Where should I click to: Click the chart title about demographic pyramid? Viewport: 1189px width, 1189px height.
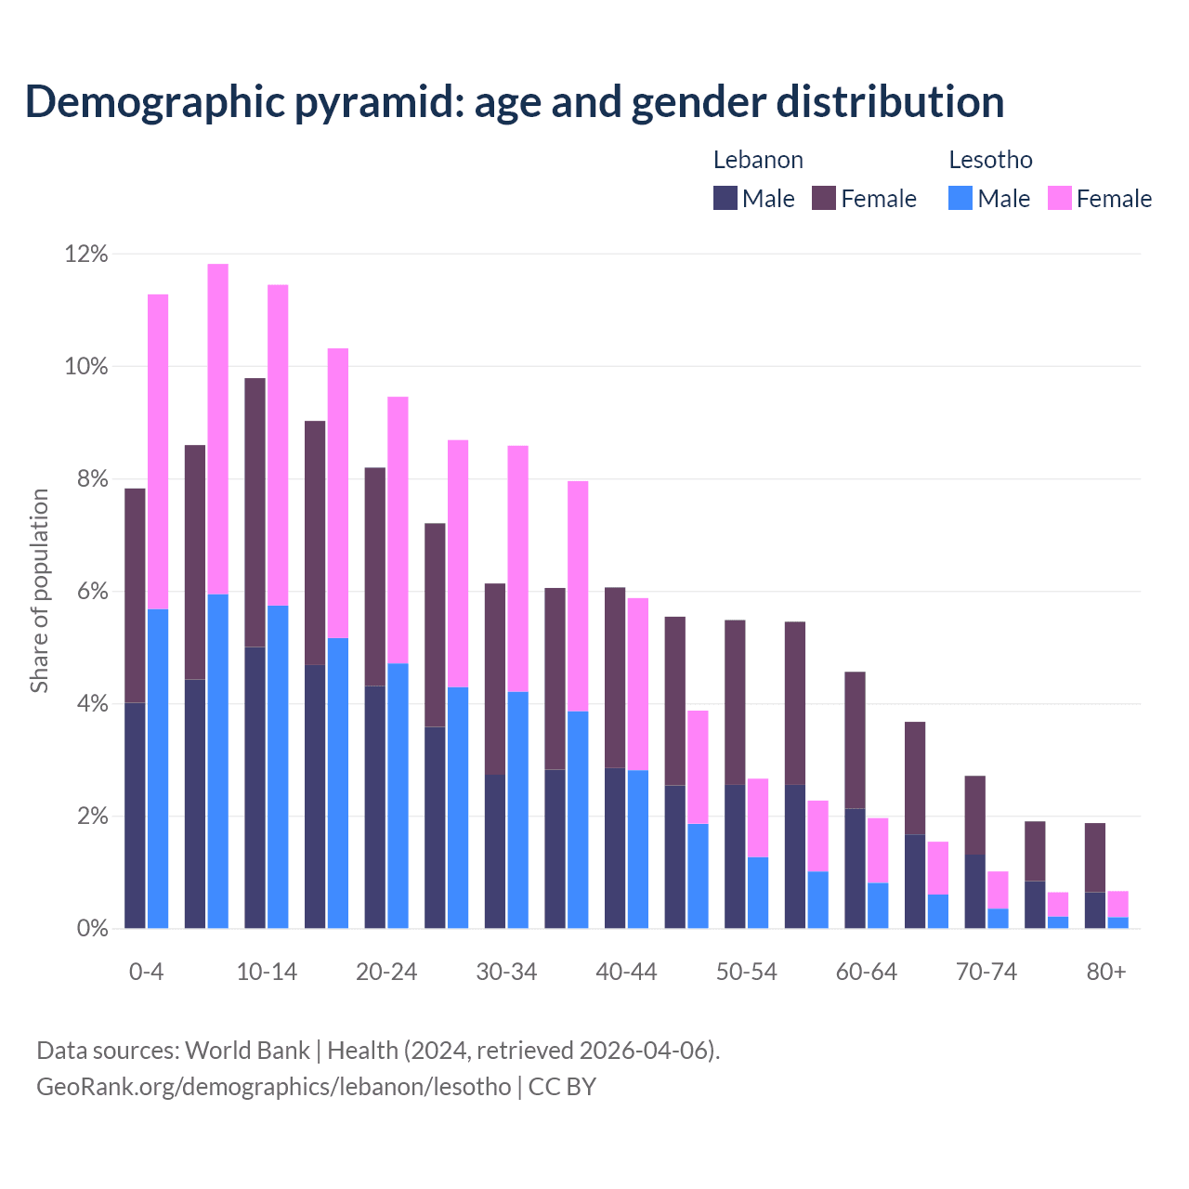(x=514, y=101)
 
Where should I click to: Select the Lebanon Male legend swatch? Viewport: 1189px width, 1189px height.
(x=725, y=198)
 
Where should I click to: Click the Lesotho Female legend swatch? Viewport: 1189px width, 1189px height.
(x=1059, y=198)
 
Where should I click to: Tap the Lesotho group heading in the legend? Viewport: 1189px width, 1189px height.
(x=990, y=160)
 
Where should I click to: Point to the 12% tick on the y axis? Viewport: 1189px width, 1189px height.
(x=86, y=254)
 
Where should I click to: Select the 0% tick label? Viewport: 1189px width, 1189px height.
(x=91, y=929)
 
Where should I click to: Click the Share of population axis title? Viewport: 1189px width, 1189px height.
(x=39, y=591)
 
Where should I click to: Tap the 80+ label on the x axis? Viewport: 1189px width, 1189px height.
(x=1106, y=972)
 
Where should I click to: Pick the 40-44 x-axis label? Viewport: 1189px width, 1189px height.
(x=626, y=972)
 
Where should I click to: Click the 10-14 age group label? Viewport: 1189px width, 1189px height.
(x=267, y=972)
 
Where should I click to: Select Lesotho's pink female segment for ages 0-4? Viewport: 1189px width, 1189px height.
(x=158, y=451)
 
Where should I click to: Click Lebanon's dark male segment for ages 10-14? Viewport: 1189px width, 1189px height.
(x=255, y=787)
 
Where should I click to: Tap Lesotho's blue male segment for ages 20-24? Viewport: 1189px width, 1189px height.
(x=398, y=795)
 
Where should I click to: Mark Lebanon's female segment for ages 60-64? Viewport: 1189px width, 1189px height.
(x=855, y=740)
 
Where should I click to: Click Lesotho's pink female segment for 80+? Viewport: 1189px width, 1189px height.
(x=1117, y=904)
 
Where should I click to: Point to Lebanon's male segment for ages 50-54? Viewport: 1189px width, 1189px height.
(x=735, y=856)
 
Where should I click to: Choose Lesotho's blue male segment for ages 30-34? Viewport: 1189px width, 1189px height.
(x=517, y=810)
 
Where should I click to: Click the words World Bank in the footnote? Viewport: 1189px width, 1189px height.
(x=247, y=1051)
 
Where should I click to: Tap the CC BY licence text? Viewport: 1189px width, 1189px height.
(x=562, y=1086)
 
